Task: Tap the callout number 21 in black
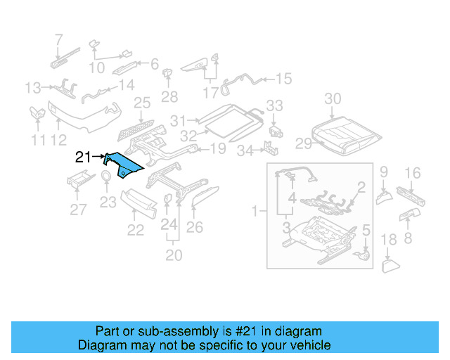click(x=83, y=157)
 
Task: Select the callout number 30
click(x=333, y=98)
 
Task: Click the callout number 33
click(x=274, y=105)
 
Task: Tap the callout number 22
click(x=135, y=230)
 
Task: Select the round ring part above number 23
click(x=105, y=176)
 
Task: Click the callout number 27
click(x=79, y=209)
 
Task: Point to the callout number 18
click(x=388, y=241)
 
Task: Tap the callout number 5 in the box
click(x=365, y=230)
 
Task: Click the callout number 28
click(x=169, y=96)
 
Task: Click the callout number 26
click(x=194, y=226)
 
